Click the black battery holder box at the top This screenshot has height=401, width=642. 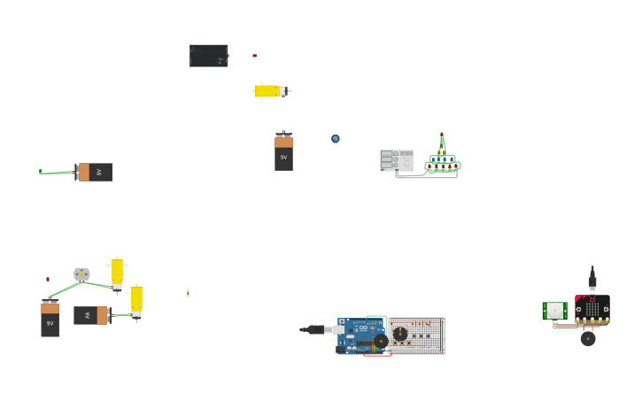pos(208,56)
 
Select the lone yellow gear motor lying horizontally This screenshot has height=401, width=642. pos(268,91)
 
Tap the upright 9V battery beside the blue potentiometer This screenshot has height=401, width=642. pos(283,152)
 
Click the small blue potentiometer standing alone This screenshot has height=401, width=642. pos(336,139)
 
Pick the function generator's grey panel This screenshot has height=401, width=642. pos(396,160)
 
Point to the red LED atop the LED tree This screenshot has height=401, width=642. pos(442,135)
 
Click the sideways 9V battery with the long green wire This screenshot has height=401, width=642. pos(95,172)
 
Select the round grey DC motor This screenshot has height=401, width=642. pos(81,274)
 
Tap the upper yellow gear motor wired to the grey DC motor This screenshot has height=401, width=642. pos(117,273)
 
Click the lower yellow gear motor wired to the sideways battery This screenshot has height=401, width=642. pos(136,301)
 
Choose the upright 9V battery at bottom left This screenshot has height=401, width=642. pos(50,319)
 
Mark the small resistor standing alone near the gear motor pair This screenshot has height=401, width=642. pos(188,293)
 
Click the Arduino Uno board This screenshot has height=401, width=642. pos(359,335)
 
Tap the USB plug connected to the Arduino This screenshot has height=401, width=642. pos(322,329)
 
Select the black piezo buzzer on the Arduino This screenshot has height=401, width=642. pos(381,341)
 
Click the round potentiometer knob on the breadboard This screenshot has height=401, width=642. pos(400,334)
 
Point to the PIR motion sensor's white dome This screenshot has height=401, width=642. pos(555,311)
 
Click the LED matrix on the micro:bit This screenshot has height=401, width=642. pos(592,308)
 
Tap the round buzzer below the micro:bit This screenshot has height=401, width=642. pos(588,338)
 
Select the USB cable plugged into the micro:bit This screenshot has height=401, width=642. pos(592,280)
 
